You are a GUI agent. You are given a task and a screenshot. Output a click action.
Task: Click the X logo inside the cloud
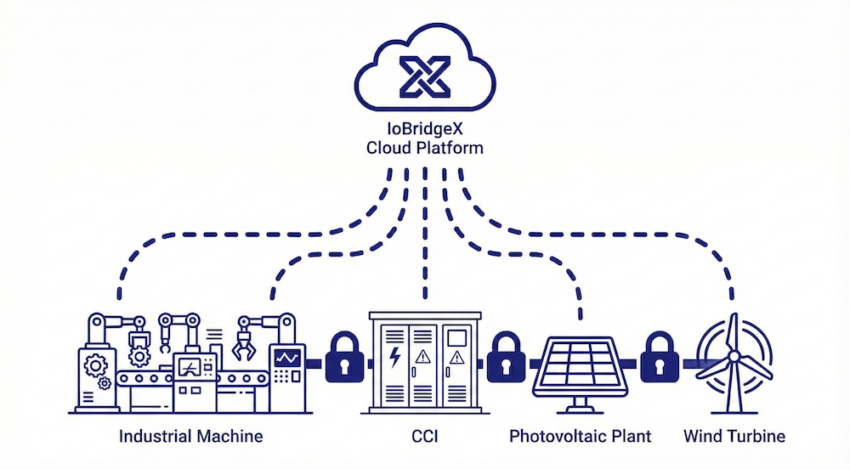[425, 77]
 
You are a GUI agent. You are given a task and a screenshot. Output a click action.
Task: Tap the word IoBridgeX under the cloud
[424, 130]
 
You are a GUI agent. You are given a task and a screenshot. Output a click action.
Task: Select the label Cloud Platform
[424, 148]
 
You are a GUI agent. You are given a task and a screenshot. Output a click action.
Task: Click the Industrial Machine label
[191, 437]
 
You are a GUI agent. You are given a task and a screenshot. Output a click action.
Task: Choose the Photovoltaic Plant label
[581, 437]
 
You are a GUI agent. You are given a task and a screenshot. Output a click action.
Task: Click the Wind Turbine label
[734, 437]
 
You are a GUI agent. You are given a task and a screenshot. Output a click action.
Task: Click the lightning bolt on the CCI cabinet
[394, 358]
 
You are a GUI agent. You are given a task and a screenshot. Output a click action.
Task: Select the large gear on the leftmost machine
[96, 365]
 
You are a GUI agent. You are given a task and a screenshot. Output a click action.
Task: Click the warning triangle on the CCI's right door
[457, 358]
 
